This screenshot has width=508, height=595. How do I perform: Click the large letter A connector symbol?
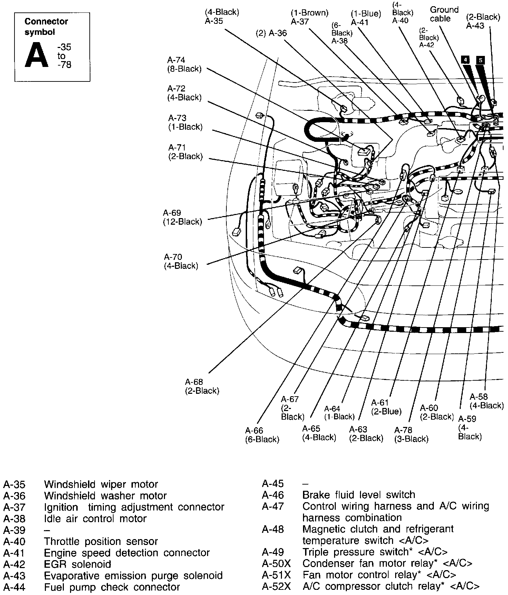tap(37, 55)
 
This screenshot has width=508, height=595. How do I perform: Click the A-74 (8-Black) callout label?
tap(184, 65)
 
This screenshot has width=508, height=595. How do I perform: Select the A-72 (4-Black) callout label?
tap(184, 93)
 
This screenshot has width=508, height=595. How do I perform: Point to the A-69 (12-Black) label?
tap(182, 217)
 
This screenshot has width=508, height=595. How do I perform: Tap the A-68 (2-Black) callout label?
tap(202, 387)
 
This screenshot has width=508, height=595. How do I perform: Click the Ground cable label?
tap(444, 14)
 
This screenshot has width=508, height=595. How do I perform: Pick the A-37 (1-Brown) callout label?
tap(309, 17)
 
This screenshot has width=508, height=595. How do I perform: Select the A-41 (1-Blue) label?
tap(365, 18)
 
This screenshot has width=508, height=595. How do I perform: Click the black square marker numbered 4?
tap(465, 59)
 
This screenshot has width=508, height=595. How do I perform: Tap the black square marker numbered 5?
tap(480, 60)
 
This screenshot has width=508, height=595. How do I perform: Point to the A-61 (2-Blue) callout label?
tap(386, 407)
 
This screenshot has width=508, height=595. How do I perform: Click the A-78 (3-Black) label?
tap(411, 435)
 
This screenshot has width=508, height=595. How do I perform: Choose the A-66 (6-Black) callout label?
tap(262, 435)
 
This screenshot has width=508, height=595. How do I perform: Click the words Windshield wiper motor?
tap(101, 484)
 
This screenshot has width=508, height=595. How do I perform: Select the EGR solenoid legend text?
tap(77, 564)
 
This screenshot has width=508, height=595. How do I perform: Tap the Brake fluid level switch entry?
tap(359, 495)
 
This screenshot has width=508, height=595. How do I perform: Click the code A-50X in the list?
tap(276, 563)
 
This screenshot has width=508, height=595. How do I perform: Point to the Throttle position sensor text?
tap(101, 541)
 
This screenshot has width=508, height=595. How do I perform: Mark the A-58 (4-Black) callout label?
tap(487, 401)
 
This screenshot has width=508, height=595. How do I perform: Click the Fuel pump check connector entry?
tap(112, 587)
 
